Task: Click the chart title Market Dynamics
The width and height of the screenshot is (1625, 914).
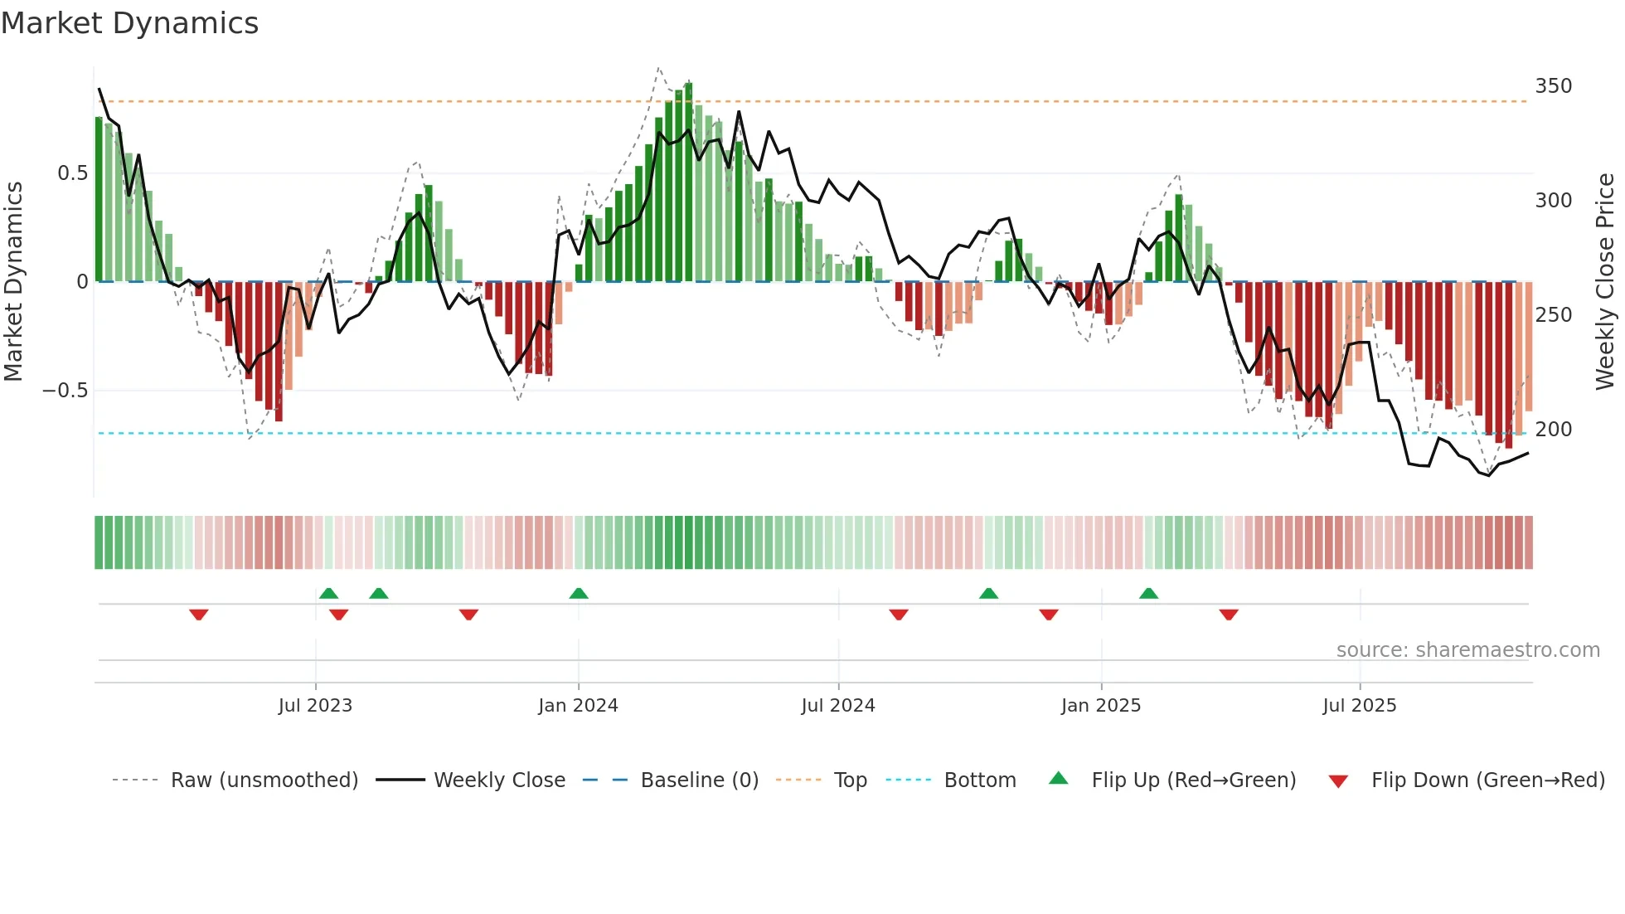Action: (129, 23)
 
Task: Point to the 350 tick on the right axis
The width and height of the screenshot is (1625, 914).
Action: (1553, 86)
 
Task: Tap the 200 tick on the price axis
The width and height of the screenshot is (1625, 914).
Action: (1553, 430)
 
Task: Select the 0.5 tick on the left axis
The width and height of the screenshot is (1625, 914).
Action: (72, 173)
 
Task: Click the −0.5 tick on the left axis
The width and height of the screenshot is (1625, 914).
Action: (65, 391)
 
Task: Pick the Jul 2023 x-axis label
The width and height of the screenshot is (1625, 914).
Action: (315, 706)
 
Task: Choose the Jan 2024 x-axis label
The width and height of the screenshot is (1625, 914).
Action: (578, 706)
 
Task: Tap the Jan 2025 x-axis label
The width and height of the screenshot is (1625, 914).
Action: (1100, 706)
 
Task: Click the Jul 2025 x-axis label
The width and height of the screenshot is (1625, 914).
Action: (1359, 706)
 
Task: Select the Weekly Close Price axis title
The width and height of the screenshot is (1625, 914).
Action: (1605, 282)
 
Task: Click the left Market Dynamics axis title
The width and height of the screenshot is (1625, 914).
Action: (13, 282)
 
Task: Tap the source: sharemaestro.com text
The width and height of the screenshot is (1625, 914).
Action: (1467, 650)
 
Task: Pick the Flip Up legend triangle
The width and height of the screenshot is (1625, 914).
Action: (1058, 779)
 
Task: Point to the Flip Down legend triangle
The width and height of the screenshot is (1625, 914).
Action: (1337, 781)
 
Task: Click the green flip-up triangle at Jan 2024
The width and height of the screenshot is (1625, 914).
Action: (579, 594)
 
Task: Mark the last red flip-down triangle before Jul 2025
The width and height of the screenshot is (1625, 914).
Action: (1229, 615)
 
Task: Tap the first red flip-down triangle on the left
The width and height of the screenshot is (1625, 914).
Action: (198, 615)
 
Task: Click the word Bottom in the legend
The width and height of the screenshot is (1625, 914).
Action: (979, 780)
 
